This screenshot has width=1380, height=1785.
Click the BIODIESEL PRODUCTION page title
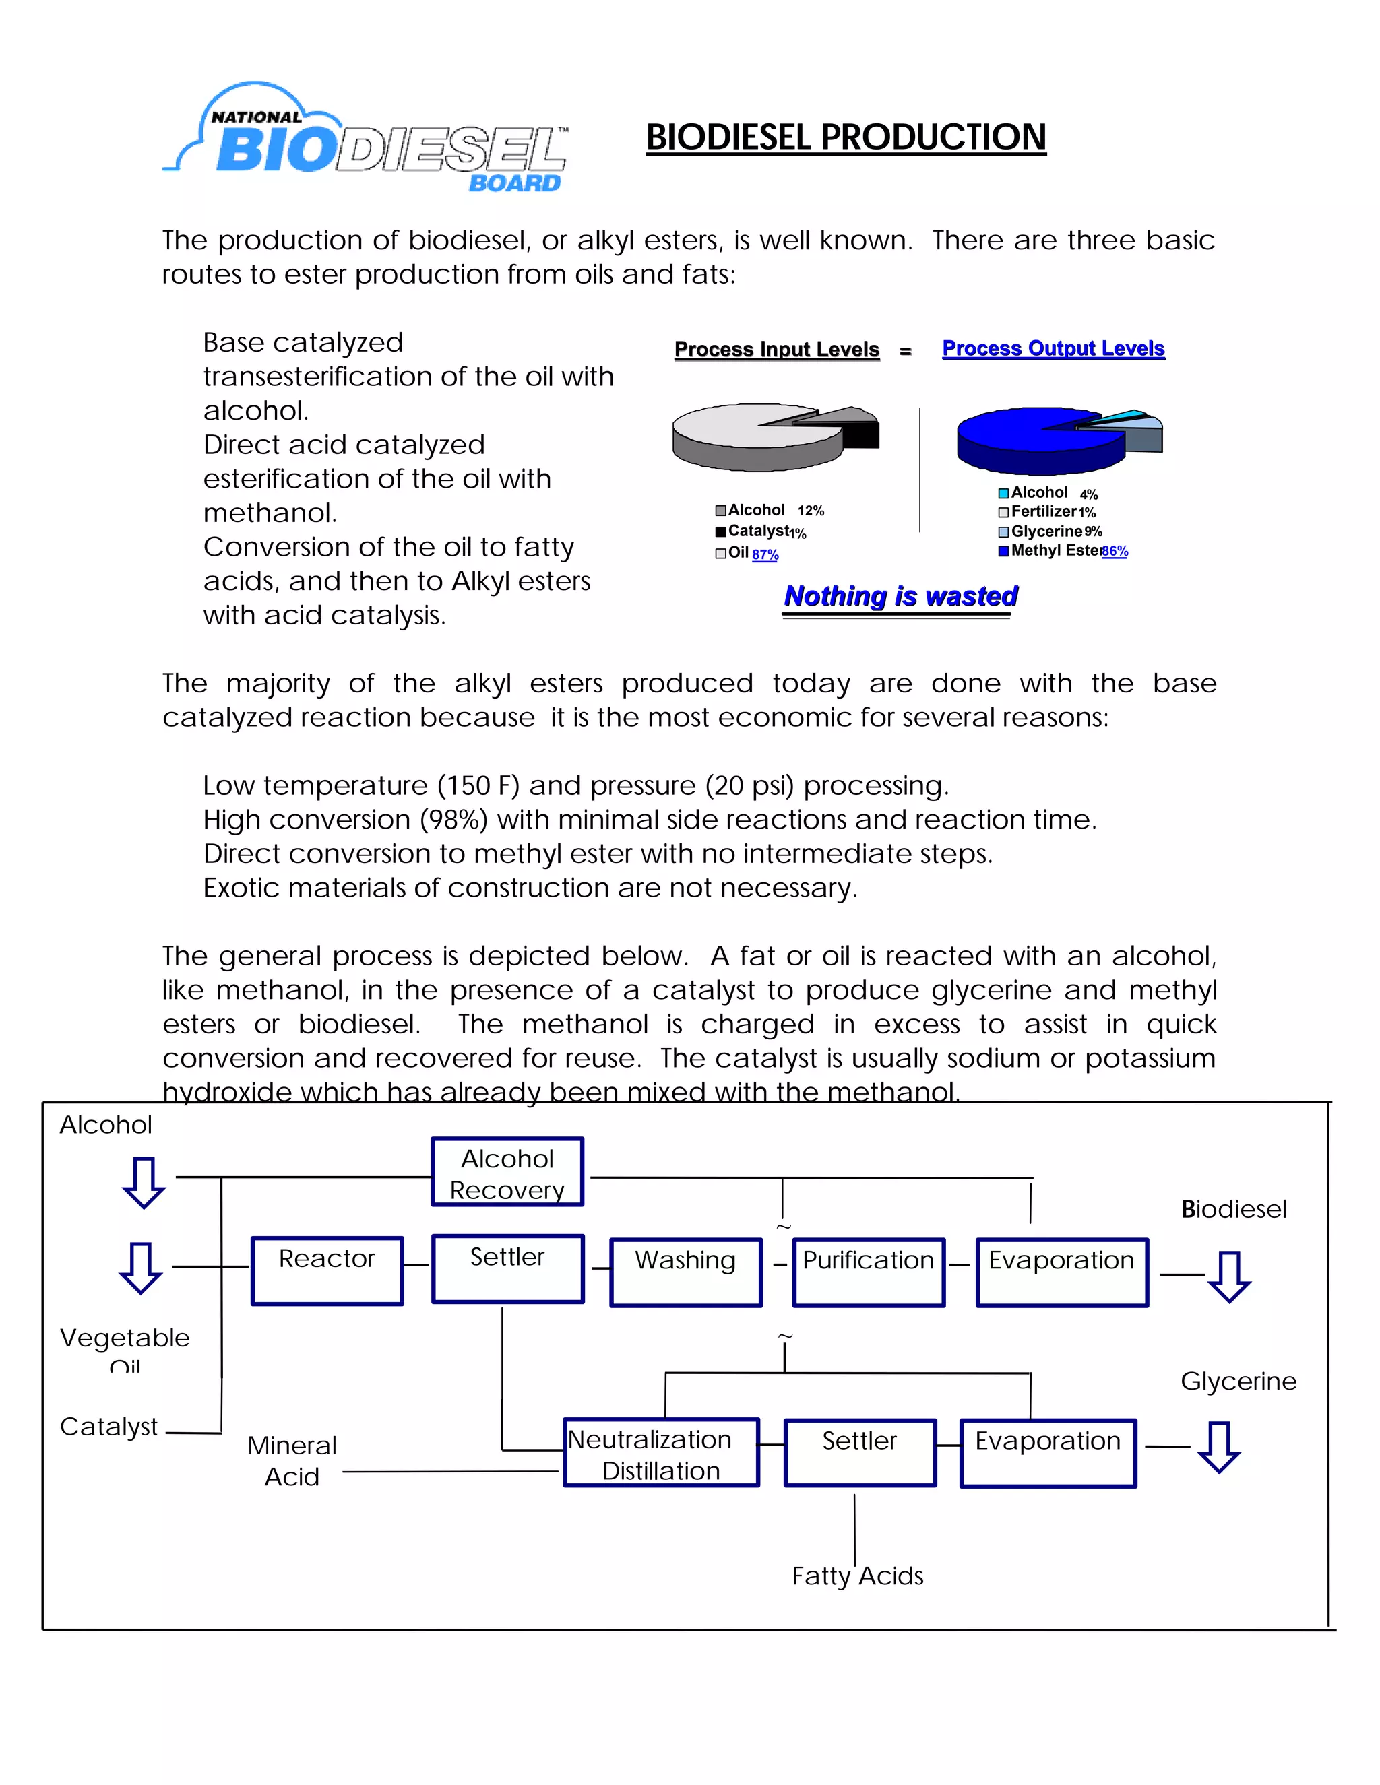846,137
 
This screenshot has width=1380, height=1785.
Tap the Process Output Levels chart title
1053,348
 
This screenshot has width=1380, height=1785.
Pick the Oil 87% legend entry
747,553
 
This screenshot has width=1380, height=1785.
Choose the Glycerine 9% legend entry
1050,531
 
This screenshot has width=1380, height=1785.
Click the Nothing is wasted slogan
900,596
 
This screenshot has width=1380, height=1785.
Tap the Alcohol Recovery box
507,1172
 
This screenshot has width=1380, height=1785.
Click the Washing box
685,1272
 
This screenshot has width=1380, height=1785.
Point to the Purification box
868,1272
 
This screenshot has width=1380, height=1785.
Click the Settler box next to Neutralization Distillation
859,1452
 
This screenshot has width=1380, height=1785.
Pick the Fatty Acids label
858,1575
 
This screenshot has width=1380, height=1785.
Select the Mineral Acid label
292,1460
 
